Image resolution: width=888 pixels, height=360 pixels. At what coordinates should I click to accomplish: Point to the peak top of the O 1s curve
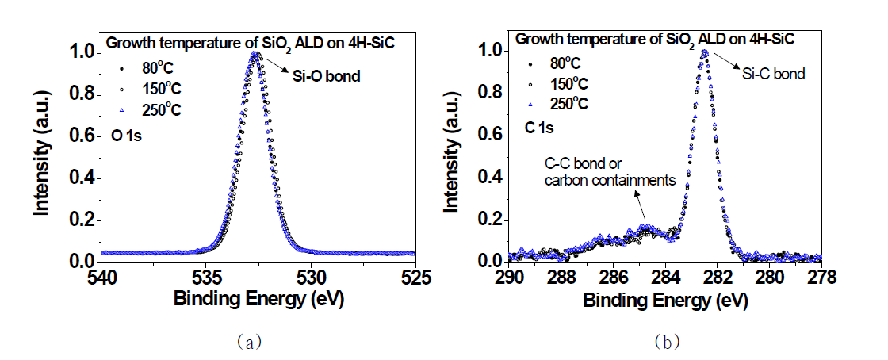(x=255, y=54)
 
